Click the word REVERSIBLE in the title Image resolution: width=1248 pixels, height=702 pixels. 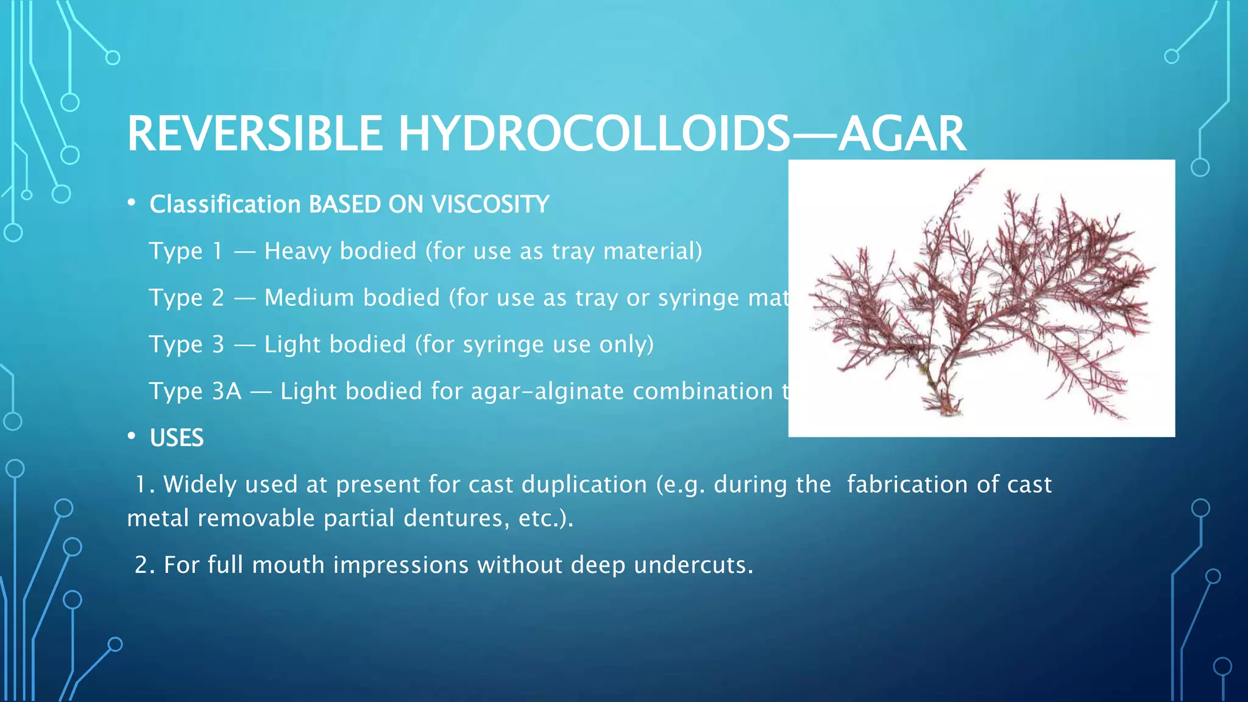(x=255, y=134)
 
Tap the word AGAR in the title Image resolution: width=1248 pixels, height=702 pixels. (x=902, y=134)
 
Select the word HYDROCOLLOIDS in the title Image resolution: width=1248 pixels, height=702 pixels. (x=594, y=134)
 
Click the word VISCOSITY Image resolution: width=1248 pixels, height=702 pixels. (x=491, y=204)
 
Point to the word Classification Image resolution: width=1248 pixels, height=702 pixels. (x=225, y=204)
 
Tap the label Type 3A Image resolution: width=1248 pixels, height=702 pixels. (x=195, y=391)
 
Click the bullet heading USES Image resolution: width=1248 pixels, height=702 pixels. (x=177, y=438)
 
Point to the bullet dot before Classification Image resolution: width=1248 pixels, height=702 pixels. (x=132, y=204)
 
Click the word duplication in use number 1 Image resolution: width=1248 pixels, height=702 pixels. (x=584, y=484)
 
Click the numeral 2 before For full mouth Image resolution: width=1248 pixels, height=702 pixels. (x=141, y=565)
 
